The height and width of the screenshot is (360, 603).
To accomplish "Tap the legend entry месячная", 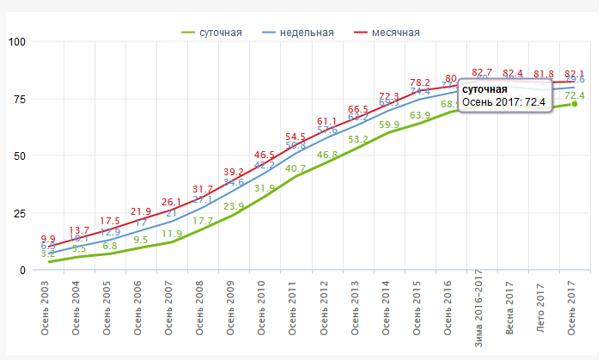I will [396, 33].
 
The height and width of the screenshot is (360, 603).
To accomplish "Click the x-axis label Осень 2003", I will [45, 306].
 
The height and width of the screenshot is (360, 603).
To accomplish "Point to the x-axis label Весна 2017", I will [509, 306].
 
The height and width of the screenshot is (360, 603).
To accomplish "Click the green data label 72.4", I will [574, 95].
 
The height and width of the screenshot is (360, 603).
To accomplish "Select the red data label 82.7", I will [483, 72].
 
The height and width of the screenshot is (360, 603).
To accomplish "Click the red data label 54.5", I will [295, 137].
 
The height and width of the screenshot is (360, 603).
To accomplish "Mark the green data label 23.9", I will [234, 206].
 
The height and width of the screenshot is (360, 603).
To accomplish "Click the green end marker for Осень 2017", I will [574, 104].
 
